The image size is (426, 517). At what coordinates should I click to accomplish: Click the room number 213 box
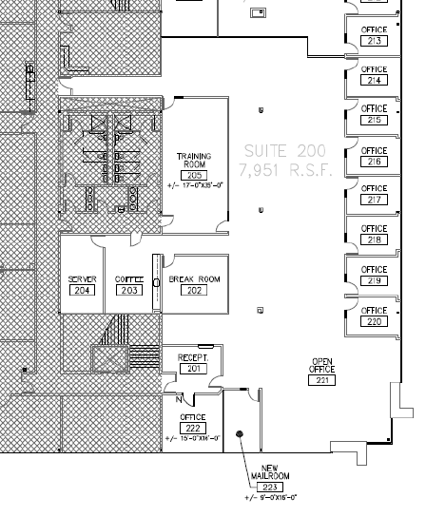[375, 41]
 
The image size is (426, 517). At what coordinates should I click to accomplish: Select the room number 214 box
[375, 81]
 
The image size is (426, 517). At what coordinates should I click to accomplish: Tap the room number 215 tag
[375, 121]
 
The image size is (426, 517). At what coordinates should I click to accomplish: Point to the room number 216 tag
[375, 161]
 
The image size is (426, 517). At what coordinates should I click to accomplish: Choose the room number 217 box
[375, 200]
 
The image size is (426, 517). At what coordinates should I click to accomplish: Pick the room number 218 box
[375, 239]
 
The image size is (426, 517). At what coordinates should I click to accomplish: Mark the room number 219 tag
[375, 280]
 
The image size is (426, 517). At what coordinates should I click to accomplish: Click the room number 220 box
[375, 321]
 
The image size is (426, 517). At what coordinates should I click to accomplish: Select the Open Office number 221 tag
[321, 380]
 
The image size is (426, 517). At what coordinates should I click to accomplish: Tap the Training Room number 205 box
[195, 175]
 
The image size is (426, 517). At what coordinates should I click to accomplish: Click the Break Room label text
[194, 278]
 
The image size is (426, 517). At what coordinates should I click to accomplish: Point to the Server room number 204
[83, 290]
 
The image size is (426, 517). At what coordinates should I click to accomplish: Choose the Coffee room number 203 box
[128, 290]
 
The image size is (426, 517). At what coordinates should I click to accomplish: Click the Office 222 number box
[193, 428]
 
